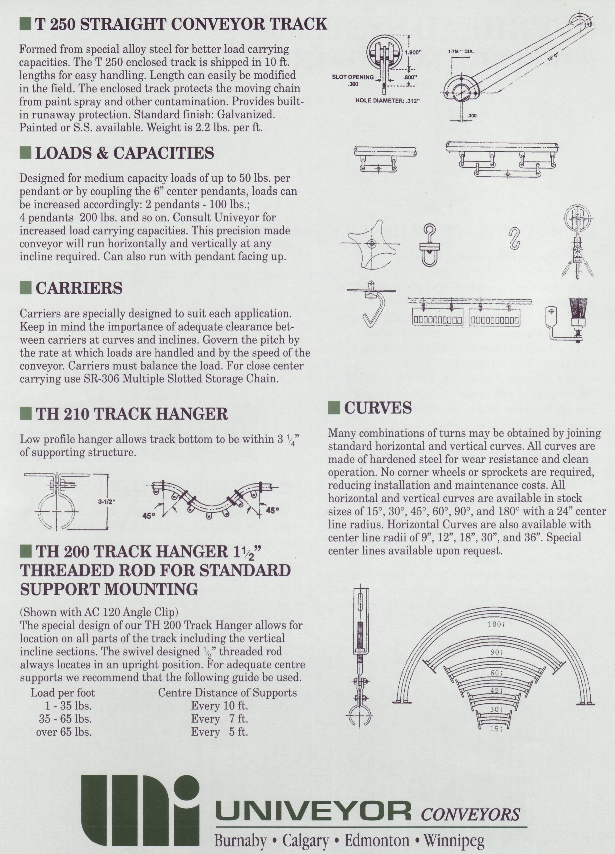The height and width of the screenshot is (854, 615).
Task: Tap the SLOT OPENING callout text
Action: [x=353, y=78]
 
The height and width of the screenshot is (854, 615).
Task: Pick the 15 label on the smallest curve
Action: [x=496, y=729]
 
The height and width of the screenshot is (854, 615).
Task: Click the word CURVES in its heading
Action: [x=378, y=408]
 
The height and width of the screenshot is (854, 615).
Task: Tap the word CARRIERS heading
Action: [x=79, y=288]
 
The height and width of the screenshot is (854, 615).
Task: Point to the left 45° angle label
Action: [x=149, y=516]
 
